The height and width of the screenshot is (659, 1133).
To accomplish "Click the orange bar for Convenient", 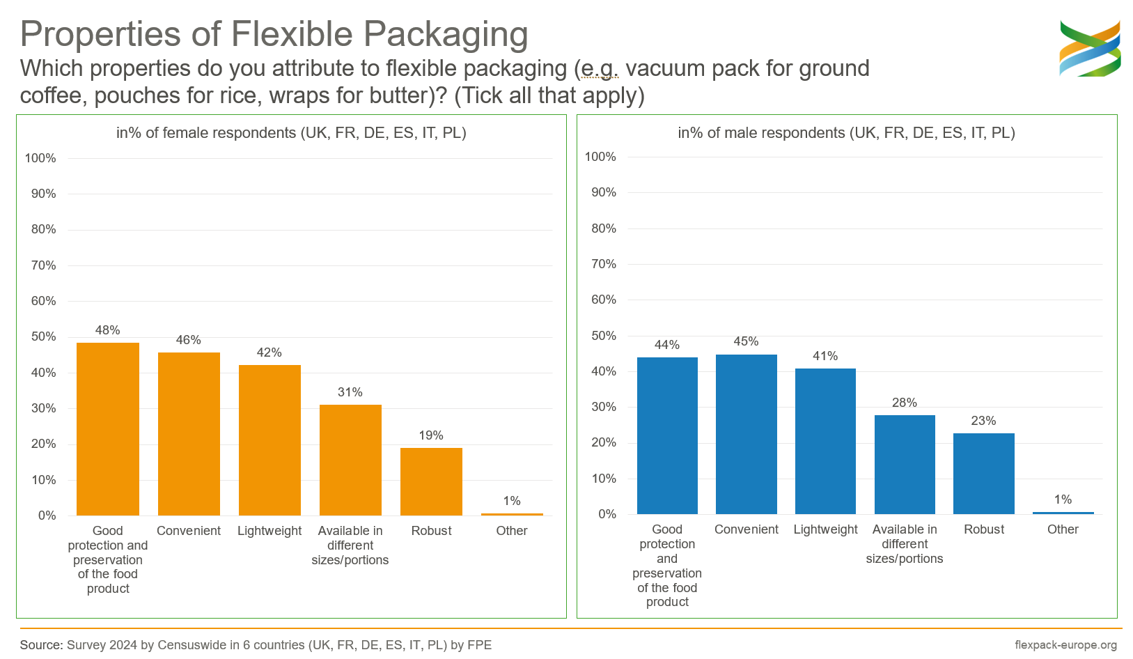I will coord(189,433).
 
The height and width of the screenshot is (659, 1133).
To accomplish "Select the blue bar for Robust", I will coord(983,474).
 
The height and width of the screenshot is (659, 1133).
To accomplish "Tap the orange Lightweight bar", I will coord(269,440).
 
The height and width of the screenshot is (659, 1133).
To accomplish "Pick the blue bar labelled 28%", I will coord(905,465).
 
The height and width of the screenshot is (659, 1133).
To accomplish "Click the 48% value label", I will coord(108,330).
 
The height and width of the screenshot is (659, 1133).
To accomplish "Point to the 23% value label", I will coord(983,421).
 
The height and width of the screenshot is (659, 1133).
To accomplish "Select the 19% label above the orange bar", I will coord(431,435).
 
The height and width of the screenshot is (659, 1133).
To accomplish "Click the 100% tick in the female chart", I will coord(40,158).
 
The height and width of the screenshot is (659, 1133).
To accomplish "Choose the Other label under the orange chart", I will coord(512,531).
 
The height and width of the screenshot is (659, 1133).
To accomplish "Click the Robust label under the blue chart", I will coord(983,529).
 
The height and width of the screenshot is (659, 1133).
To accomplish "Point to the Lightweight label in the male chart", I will coord(825,529).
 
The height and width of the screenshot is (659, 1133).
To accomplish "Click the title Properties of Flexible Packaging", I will coord(274,33).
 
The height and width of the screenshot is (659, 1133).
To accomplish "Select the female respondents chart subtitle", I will coord(291,133).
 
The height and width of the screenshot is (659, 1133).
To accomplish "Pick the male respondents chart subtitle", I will coord(846,133).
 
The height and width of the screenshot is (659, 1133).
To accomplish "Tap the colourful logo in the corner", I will coord(1090,48).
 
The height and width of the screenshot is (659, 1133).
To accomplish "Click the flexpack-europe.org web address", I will coord(1065,645).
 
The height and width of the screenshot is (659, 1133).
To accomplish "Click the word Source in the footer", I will coord(40,645).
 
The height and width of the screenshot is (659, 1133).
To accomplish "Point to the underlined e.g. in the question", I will coord(600,69).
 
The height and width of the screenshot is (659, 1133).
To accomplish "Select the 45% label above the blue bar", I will coord(746,341).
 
